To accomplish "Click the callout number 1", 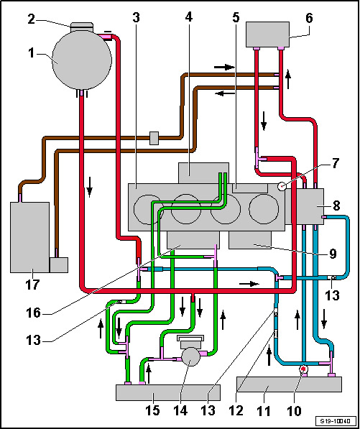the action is coord(32,53).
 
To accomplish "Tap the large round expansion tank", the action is coord(82,60).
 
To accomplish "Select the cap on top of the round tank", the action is coord(82,27).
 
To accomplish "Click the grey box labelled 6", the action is coord(267,34).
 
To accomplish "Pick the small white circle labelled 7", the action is coord(282,187).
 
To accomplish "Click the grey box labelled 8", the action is coord(304,206).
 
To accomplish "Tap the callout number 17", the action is coord(32,285).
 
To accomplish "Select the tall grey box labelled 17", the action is coord(29,237).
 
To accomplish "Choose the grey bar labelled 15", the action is coord(168,392).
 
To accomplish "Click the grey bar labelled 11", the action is coord(289,384).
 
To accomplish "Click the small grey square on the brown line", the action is coord(154,138).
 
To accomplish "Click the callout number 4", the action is coord(189,17).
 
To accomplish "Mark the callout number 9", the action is coord(332,254).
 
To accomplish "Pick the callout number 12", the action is coord(237,410).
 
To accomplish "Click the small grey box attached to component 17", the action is coord(59,264).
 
